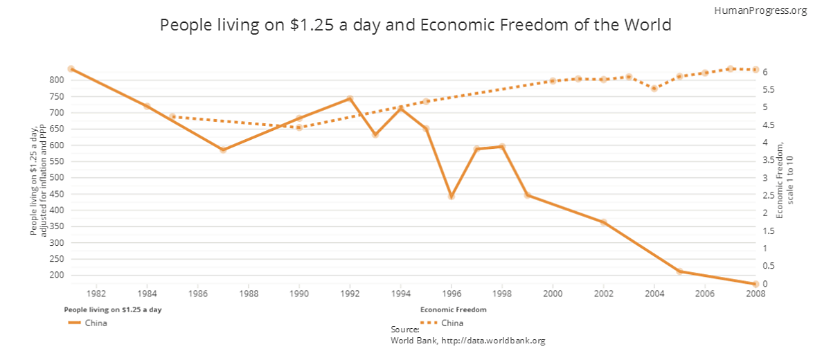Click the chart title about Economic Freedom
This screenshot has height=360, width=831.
click(415, 26)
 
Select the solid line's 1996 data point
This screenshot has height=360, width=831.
click(452, 197)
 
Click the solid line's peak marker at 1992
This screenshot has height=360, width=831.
click(350, 99)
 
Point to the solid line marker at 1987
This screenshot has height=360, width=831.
click(223, 150)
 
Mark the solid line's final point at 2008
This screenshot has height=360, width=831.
click(756, 284)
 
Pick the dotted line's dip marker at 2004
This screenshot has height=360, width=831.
click(654, 89)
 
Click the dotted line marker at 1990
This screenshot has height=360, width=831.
click(299, 127)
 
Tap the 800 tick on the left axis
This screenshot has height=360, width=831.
click(56, 80)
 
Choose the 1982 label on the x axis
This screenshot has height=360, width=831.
click(96, 294)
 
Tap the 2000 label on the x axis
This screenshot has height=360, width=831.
click(553, 294)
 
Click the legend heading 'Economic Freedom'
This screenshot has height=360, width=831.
click(453, 309)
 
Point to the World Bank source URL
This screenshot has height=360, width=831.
click(468, 341)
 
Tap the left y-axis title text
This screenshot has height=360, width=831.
click(38, 180)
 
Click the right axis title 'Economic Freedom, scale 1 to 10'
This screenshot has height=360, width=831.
click(785, 180)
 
